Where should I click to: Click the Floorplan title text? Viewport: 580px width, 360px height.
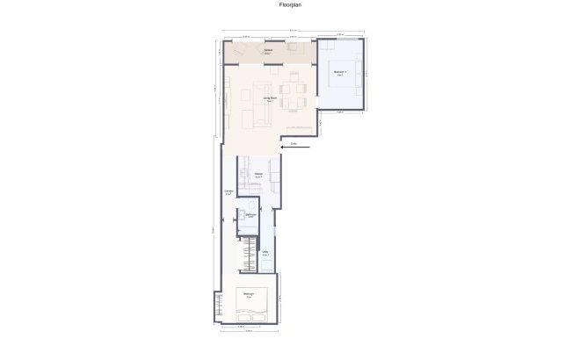(290, 4)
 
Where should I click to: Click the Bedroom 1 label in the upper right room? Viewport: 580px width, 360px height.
(339, 72)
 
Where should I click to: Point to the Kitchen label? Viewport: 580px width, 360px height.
(259, 175)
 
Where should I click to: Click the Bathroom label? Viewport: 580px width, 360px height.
(250, 215)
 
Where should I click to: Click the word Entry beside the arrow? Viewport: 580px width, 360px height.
(294, 142)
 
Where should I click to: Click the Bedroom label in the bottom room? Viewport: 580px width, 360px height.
(249, 293)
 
